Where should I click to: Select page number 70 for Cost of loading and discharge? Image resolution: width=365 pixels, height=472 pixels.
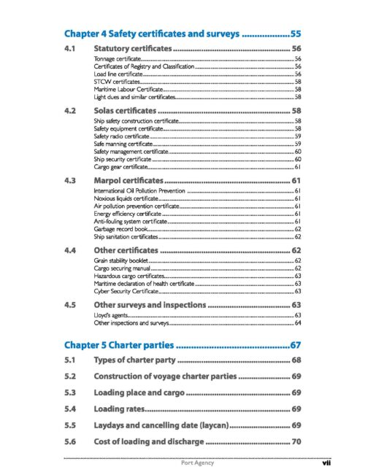point(295,441)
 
